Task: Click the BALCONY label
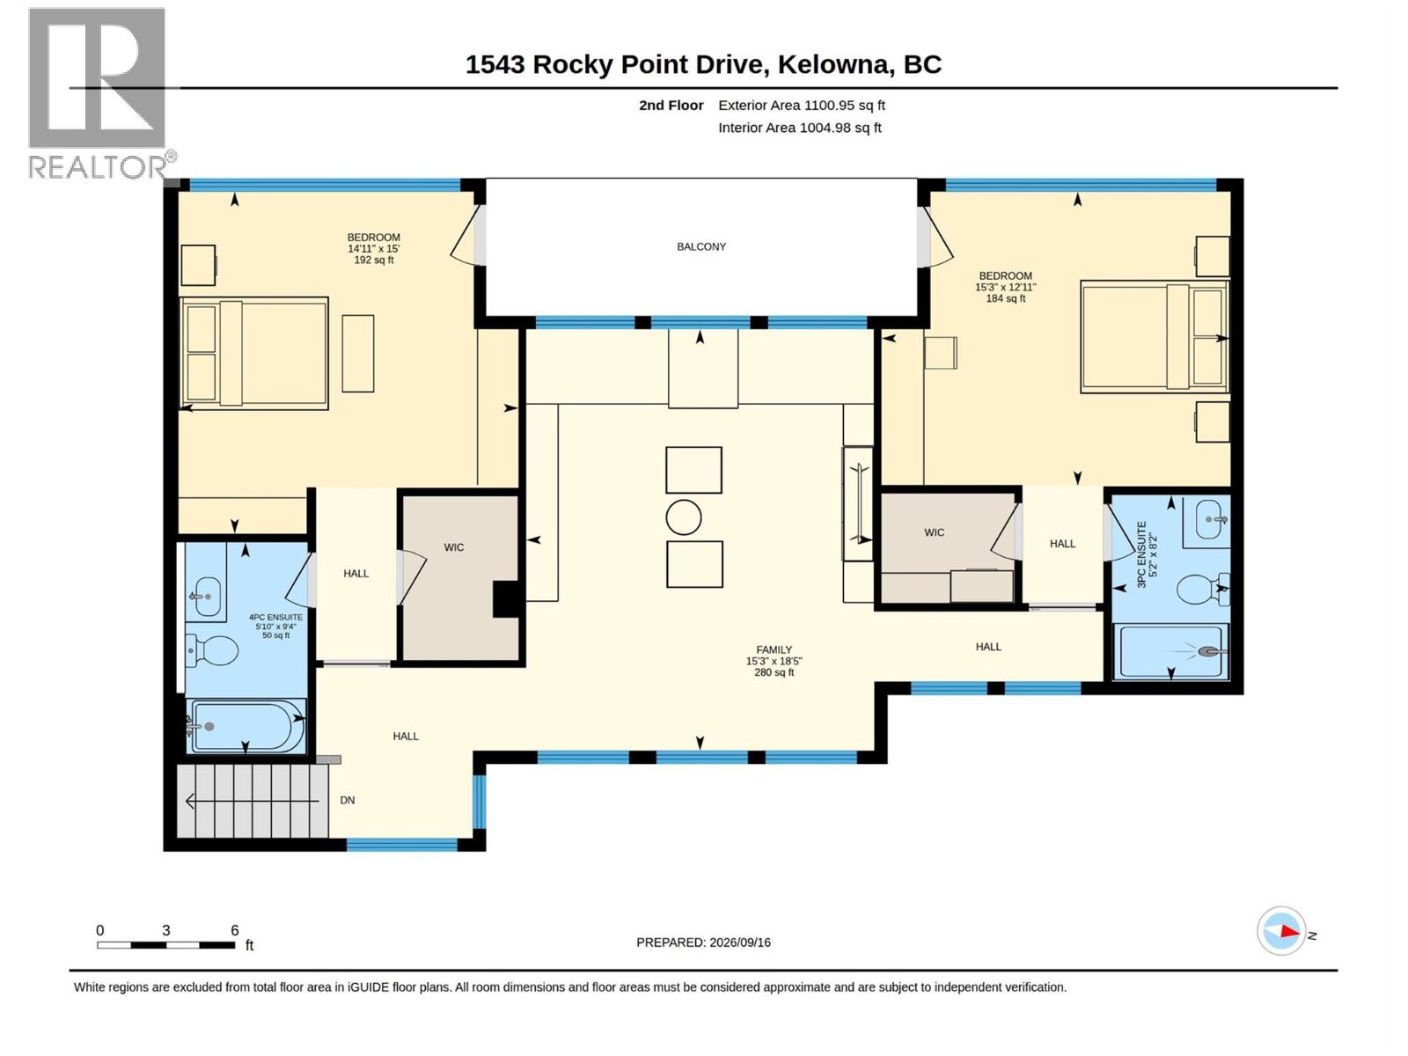point(701,247)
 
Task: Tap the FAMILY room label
point(774,649)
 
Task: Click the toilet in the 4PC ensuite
point(212,650)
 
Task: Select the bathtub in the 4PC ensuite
point(246,726)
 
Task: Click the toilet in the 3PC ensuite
point(1202,589)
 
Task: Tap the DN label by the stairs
point(347,800)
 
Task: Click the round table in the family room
point(683,517)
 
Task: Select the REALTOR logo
point(99,93)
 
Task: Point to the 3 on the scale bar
point(166,930)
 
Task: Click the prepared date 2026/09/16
point(739,942)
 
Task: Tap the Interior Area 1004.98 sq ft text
point(799,128)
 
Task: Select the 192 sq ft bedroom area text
point(373,260)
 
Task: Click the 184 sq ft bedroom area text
point(1005,298)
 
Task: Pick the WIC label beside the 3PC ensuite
point(934,532)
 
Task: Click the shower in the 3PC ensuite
point(1171,651)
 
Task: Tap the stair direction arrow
point(252,801)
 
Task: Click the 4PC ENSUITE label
point(275,618)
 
